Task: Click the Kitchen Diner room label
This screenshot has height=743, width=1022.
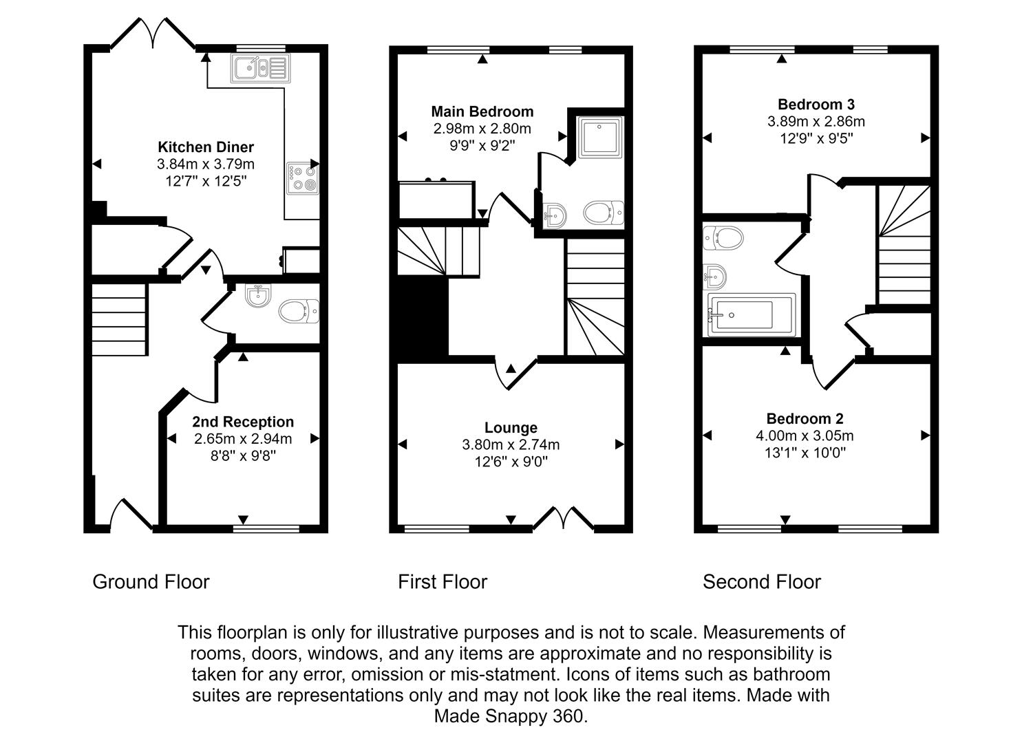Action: [x=206, y=147]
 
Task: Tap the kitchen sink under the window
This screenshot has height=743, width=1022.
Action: [x=259, y=68]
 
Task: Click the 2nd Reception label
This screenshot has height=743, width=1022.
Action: [x=243, y=422]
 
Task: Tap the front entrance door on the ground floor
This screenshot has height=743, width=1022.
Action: [x=132, y=514]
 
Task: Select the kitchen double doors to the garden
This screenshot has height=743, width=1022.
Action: [x=153, y=33]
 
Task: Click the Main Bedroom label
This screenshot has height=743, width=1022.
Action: [x=482, y=111]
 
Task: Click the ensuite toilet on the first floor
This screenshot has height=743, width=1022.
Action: [x=604, y=213]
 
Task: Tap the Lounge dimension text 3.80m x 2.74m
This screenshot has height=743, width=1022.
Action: [x=511, y=445]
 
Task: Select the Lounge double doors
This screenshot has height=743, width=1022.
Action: [x=564, y=518]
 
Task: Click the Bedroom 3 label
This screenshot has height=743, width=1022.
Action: [x=816, y=105]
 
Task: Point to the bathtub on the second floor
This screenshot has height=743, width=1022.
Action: [x=751, y=315]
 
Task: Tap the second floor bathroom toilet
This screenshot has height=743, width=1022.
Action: [x=723, y=239]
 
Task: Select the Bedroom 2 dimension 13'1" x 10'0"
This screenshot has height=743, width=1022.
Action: [x=805, y=453]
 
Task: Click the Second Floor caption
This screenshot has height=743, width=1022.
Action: [x=761, y=582]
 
